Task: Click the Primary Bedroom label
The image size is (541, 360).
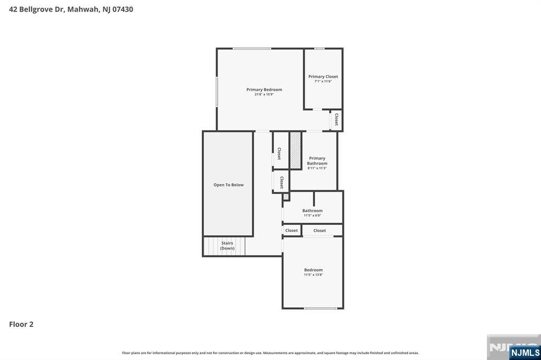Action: [x=264, y=90]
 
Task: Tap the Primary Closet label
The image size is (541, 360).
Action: [x=323, y=77]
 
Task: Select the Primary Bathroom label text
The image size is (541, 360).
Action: [x=317, y=160]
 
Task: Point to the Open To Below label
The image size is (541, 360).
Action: [x=228, y=185]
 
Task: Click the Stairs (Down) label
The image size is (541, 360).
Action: [x=227, y=245]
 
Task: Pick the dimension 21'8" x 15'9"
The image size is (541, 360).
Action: [x=264, y=94]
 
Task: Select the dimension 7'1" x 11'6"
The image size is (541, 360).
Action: [x=323, y=81]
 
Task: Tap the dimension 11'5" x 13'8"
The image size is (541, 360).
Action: [x=313, y=274]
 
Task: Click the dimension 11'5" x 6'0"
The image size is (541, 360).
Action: [x=312, y=215]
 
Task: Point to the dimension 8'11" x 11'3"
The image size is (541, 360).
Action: [x=317, y=168]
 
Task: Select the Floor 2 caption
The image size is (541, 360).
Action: [x=21, y=324]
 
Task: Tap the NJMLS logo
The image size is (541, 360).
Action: [x=525, y=353]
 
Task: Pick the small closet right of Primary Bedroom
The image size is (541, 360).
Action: [x=336, y=120]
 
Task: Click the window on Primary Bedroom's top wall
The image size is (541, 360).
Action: [x=252, y=49]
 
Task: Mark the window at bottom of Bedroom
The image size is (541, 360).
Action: [x=320, y=308]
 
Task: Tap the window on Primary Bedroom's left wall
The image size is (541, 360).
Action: [x=217, y=92]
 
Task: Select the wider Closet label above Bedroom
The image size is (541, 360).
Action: [x=320, y=230]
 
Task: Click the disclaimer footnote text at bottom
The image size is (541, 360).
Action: [x=270, y=353]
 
